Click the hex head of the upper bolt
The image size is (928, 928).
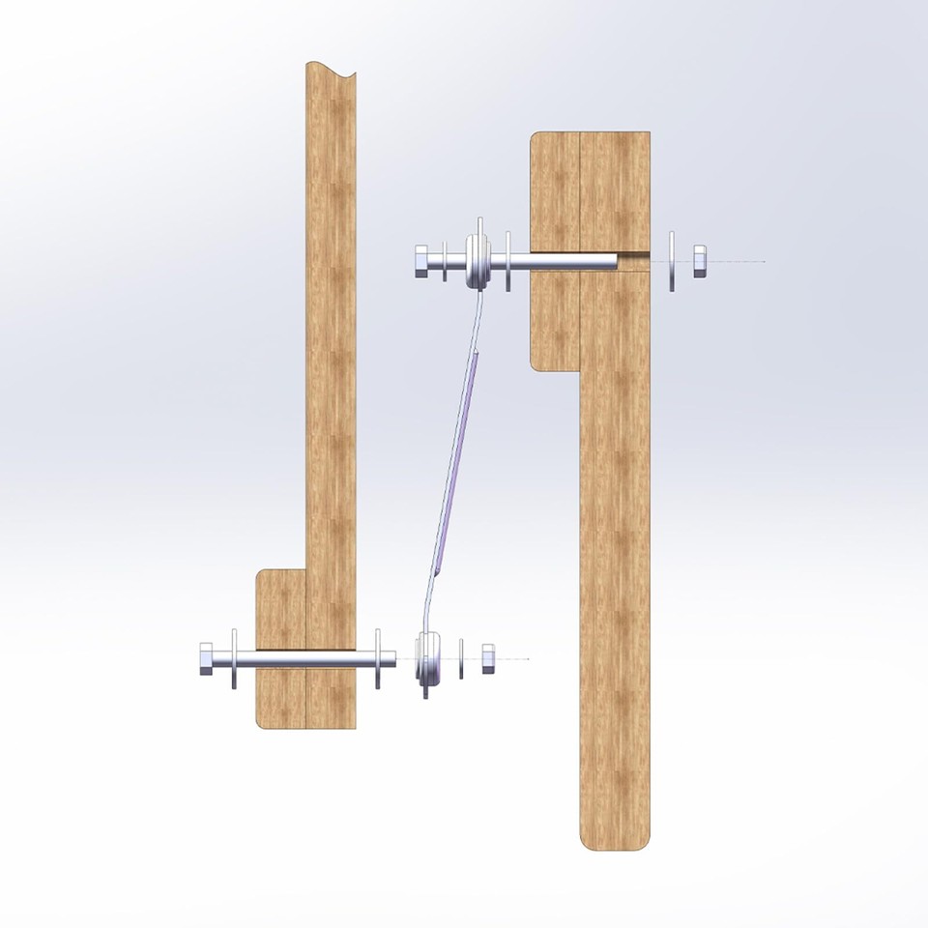[423, 262]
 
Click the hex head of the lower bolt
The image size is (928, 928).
[207, 660]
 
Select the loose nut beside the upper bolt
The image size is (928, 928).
[700, 261]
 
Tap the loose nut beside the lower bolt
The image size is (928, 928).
[487, 659]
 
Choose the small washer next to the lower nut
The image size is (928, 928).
[462, 659]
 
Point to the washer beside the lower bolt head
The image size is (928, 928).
[234, 659]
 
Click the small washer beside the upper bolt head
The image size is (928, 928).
[445, 262]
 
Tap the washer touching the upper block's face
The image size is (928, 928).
[508, 261]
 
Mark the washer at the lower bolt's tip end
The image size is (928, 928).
[378, 659]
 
